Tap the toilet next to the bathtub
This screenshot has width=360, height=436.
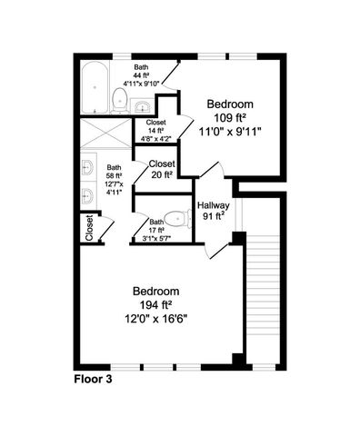(121, 97)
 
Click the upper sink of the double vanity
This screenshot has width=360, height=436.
(89, 167)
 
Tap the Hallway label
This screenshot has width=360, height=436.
(214, 206)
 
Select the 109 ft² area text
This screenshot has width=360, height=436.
(229, 118)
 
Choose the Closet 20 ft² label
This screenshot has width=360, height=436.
(162, 170)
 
